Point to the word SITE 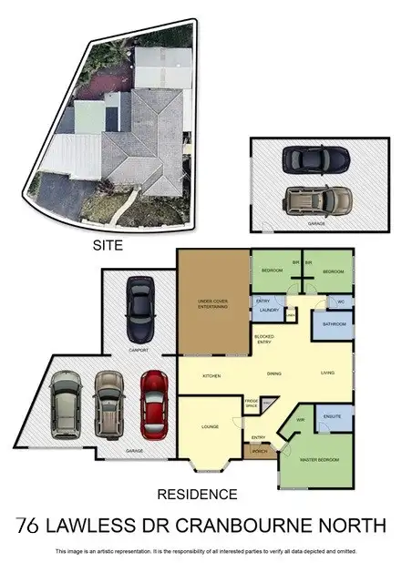pyautogui.click(x=108, y=245)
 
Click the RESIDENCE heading pyautogui.click(x=198, y=495)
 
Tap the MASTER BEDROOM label pyautogui.click(x=320, y=460)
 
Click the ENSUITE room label pyautogui.click(x=333, y=416)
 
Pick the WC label pyautogui.click(x=340, y=302)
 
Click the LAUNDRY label pyautogui.click(x=268, y=311)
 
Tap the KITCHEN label pyautogui.click(x=212, y=374)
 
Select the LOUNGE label pyautogui.click(x=210, y=426)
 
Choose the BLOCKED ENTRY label pyautogui.click(x=264, y=339)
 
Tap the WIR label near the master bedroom pyautogui.click(x=300, y=420)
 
